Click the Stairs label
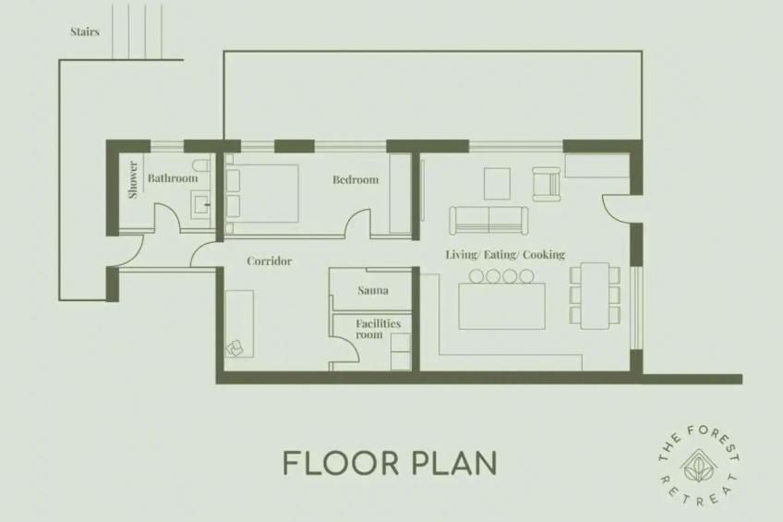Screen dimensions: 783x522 85,32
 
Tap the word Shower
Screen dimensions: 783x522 133,179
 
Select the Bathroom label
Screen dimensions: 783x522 173,178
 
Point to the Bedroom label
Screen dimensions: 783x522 355,179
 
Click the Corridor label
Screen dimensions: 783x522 270,261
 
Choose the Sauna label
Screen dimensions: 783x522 373,290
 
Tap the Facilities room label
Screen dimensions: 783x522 378,329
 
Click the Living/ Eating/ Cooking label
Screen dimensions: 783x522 505,255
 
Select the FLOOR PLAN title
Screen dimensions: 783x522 390,463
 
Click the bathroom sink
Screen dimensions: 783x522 201,204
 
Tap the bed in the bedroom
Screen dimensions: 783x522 262,193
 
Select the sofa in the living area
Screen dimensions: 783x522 488,220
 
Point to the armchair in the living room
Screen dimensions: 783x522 547,183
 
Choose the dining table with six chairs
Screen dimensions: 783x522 595,296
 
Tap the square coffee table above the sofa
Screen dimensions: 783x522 498,184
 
